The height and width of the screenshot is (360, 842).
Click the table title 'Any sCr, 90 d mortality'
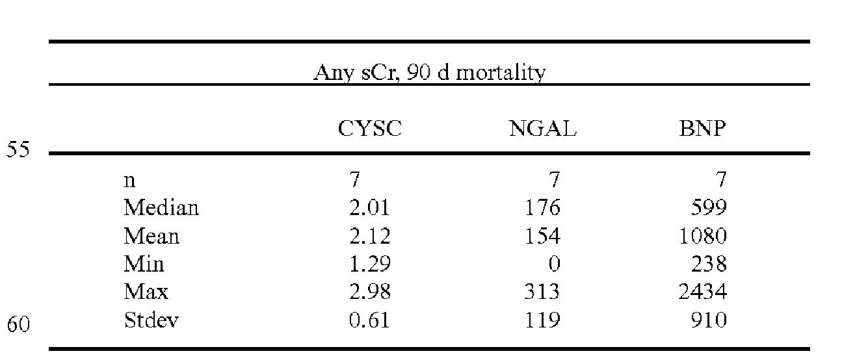(429, 73)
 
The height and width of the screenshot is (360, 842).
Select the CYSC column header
(369, 129)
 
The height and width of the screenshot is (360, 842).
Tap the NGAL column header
(542, 129)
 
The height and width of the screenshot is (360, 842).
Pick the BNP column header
(702, 129)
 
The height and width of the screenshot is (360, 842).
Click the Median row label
(161, 208)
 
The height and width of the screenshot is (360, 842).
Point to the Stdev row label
(151, 320)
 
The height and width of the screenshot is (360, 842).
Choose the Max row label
(146, 292)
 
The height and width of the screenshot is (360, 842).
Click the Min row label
(144, 264)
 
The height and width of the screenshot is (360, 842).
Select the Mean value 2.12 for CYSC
(369, 236)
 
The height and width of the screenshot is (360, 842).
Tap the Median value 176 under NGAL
(543, 208)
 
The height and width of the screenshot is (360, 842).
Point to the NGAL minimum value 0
(554, 264)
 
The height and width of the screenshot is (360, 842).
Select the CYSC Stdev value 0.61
(369, 320)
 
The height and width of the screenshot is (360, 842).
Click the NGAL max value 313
(543, 292)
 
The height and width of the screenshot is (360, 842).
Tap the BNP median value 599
(709, 208)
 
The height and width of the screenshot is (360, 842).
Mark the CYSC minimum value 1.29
(369, 264)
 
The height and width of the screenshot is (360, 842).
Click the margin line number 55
(18, 150)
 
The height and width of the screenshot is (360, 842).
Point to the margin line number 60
(18, 323)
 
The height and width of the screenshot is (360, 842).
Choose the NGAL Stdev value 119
(543, 320)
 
